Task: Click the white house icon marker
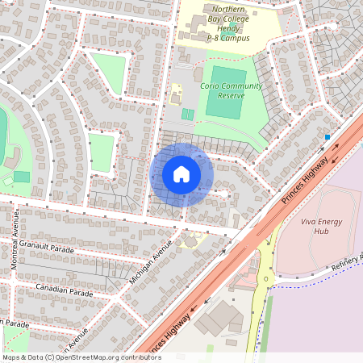pos(181,173)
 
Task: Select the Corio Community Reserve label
pos(231,90)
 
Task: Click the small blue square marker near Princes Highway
pos(327,138)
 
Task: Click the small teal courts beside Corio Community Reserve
pos(187,115)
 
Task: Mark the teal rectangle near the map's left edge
pos(22,177)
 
